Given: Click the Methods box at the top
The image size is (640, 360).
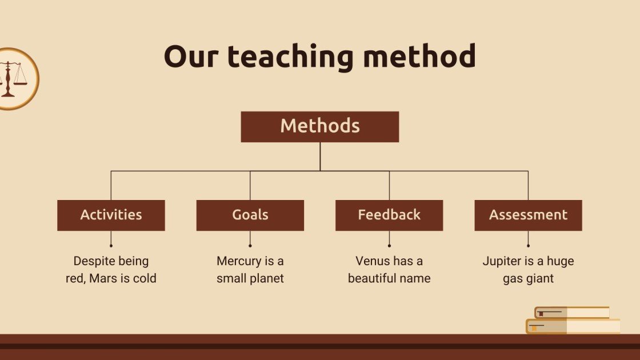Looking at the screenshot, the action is [319, 126].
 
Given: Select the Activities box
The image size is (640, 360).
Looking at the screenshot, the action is [111, 215].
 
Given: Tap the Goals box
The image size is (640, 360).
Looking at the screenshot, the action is [250, 215].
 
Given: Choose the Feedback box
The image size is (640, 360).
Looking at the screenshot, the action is [389, 215].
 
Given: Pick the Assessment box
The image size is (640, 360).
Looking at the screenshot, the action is [528, 215].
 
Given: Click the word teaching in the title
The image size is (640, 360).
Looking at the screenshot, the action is [290, 57].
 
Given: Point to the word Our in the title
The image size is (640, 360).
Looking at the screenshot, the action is [191, 57].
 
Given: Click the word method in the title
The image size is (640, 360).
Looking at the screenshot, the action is [419, 55].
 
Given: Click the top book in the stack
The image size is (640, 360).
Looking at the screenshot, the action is [572, 313].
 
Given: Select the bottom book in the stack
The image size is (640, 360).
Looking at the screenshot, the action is [573, 326].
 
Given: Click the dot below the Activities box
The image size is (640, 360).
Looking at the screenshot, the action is [111, 246].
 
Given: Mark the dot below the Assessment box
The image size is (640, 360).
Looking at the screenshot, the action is [528, 246].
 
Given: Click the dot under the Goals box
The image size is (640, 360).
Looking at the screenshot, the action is [250, 246].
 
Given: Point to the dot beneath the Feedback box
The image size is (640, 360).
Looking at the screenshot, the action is [389, 246].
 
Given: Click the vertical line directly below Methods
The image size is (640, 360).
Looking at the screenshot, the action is [320, 157].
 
